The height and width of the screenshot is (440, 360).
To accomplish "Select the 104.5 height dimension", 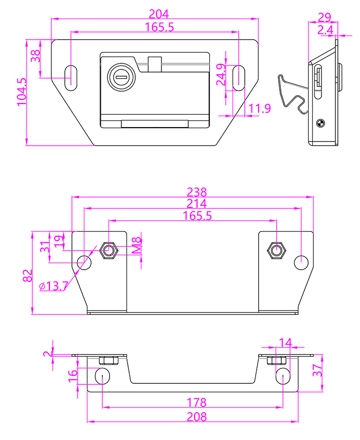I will tap(21, 92).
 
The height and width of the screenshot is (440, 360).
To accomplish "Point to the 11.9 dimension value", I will tap(259, 109).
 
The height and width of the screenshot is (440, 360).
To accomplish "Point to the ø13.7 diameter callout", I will tap(52, 286).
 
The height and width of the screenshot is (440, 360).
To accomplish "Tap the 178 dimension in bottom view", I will tap(197, 402).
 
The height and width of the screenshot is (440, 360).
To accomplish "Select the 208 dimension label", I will tap(197, 416).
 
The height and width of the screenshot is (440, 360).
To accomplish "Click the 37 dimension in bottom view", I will tap(319, 369).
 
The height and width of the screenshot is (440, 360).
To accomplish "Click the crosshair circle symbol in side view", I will tap(319, 122).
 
